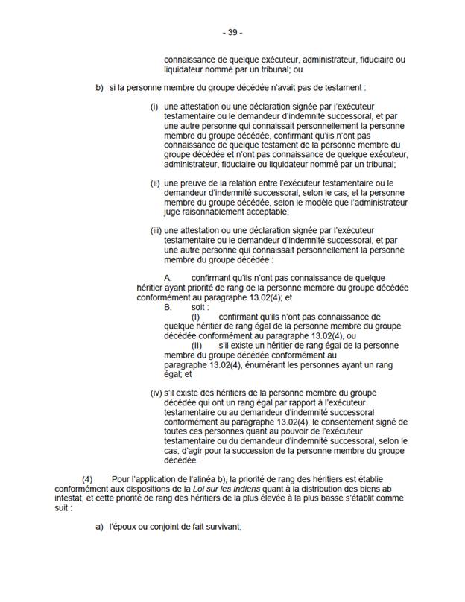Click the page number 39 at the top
coord(232,33)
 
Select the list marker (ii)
coord(155,183)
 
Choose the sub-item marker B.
coord(166,306)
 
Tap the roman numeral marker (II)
coord(197,346)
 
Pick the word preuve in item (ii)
coord(190,183)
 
